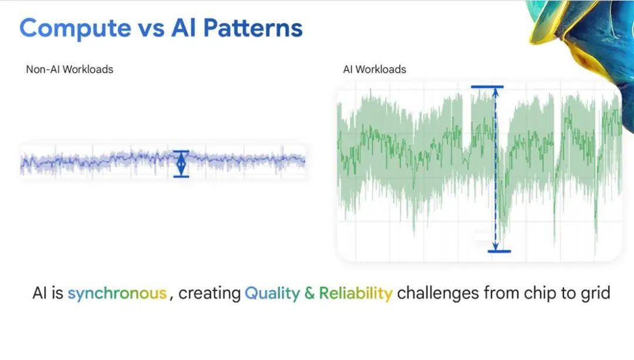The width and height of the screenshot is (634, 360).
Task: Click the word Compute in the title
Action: tap(75, 29)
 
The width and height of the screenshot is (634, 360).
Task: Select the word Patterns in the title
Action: tap(252, 28)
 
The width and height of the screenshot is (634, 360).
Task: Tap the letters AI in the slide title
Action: tap(184, 28)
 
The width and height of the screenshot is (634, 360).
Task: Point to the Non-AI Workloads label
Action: tap(69, 69)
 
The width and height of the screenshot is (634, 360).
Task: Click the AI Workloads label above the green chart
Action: tap(375, 69)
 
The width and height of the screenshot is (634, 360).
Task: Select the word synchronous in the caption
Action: tap(117, 293)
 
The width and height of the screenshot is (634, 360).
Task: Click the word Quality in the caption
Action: tap(272, 293)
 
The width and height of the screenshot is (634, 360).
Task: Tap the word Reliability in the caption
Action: tap(356, 293)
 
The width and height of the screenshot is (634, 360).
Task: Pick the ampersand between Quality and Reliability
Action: tap(310, 293)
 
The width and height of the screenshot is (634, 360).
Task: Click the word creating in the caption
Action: tap(210, 293)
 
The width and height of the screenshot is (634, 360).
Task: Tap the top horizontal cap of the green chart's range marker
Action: tap(487, 86)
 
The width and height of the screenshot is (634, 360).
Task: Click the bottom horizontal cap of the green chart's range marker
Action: tap(500, 251)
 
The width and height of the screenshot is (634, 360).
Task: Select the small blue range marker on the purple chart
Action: tap(181, 164)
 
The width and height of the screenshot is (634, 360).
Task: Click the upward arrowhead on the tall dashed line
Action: tap(495, 92)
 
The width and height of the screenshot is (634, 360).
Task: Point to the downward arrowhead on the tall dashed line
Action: tap(495, 246)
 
